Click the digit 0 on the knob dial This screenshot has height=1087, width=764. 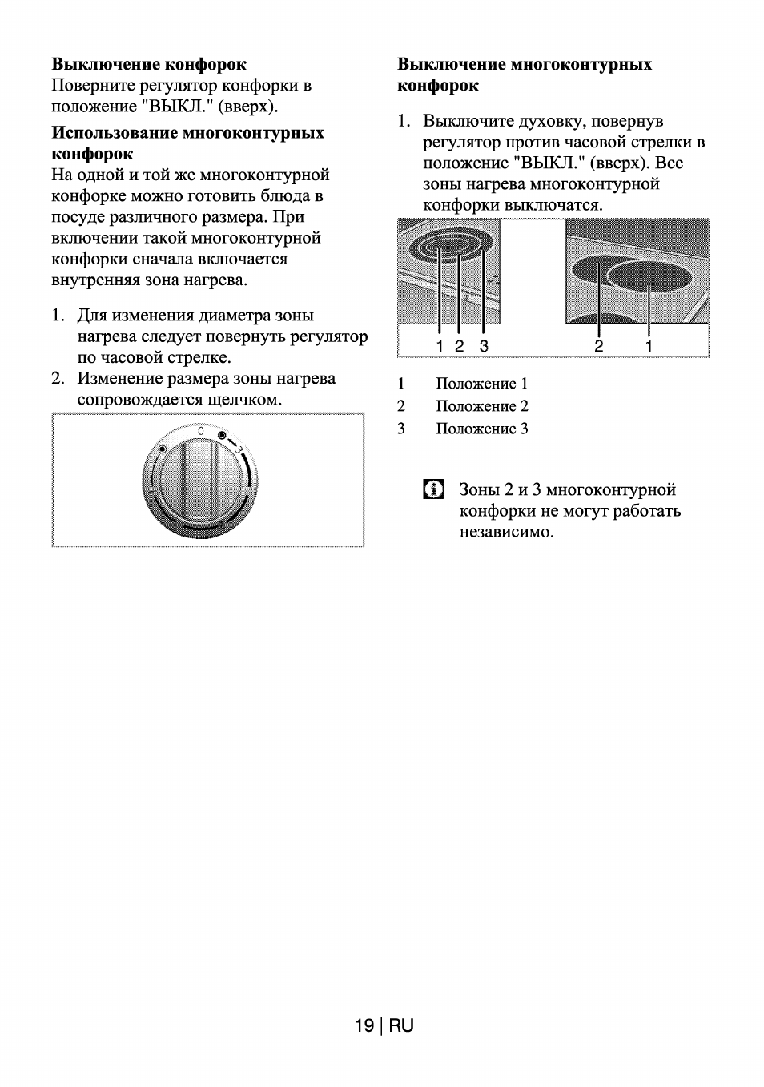click(x=200, y=432)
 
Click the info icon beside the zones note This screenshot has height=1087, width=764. click(x=433, y=489)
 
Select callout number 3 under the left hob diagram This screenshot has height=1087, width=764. click(x=484, y=346)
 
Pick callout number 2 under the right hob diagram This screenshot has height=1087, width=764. click(x=598, y=346)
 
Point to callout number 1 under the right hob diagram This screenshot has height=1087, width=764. click(x=649, y=346)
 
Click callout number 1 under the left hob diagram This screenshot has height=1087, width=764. click(x=440, y=346)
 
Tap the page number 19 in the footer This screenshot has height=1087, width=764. click(x=364, y=1025)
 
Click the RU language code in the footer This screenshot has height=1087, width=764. click(x=402, y=1025)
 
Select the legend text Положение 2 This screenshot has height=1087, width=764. click(x=481, y=406)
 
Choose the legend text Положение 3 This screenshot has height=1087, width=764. click(x=481, y=429)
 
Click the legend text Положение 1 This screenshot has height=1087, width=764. click(x=481, y=384)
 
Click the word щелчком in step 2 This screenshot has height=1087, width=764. click(x=244, y=399)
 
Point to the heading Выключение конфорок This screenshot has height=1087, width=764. click(x=149, y=64)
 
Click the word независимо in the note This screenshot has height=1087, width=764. click(x=506, y=532)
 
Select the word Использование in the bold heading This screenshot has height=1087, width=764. click(x=115, y=132)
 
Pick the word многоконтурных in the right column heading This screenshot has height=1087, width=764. click(x=581, y=64)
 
